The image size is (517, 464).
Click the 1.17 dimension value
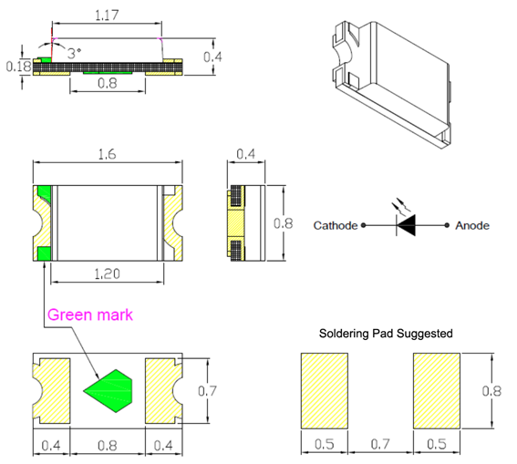coord(107,15)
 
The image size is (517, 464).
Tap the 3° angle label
coord(74,53)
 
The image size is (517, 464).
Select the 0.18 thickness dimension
coord(18,67)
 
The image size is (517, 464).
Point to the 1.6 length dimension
coord(108,154)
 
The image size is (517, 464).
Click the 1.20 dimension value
coord(108,273)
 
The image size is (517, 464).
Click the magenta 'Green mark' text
coord(90,314)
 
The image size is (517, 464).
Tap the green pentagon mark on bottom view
coord(108,391)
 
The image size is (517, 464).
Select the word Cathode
coord(336,225)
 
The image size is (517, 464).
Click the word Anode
coord(472,225)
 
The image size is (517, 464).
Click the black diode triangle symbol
coord(407,225)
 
